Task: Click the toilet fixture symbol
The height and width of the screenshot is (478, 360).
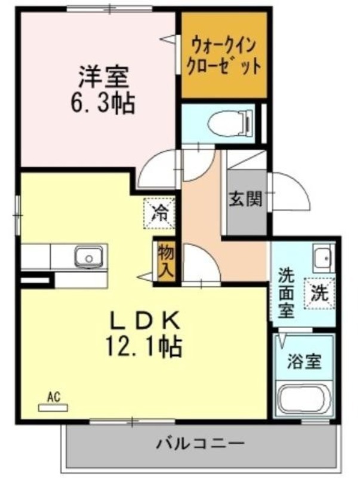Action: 230,124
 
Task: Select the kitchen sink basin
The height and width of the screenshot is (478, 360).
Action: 89,257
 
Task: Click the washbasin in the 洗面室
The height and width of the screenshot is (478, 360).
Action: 324,259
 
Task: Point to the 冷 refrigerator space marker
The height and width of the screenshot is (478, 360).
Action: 159,213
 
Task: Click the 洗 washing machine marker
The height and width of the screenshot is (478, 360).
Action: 320,293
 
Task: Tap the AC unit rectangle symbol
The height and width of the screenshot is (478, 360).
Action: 53,407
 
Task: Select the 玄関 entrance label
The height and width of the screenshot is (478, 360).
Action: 245,200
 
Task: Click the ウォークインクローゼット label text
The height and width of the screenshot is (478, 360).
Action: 224,56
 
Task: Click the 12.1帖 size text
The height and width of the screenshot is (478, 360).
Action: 144,347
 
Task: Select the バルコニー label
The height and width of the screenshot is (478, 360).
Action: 201,443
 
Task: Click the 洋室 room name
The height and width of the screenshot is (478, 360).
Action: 103,76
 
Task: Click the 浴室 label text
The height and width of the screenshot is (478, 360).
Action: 304,361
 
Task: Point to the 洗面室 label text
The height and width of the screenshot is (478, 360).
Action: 287,293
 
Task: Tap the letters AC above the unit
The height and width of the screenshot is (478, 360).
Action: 54,397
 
